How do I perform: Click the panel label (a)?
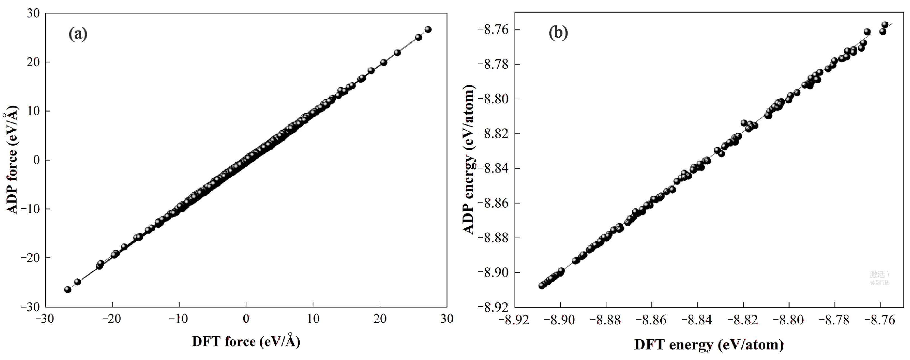click(78, 34)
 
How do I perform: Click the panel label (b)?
click(558, 33)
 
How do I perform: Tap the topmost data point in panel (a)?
click(428, 29)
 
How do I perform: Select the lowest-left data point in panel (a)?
click(68, 290)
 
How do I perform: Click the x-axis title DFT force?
click(246, 341)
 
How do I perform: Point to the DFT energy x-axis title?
click(709, 345)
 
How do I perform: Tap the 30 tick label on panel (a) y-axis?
click(33, 13)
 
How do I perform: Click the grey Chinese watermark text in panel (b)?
click(879, 278)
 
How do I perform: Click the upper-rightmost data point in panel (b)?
click(885, 25)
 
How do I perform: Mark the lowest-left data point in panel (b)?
click(542, 285)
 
